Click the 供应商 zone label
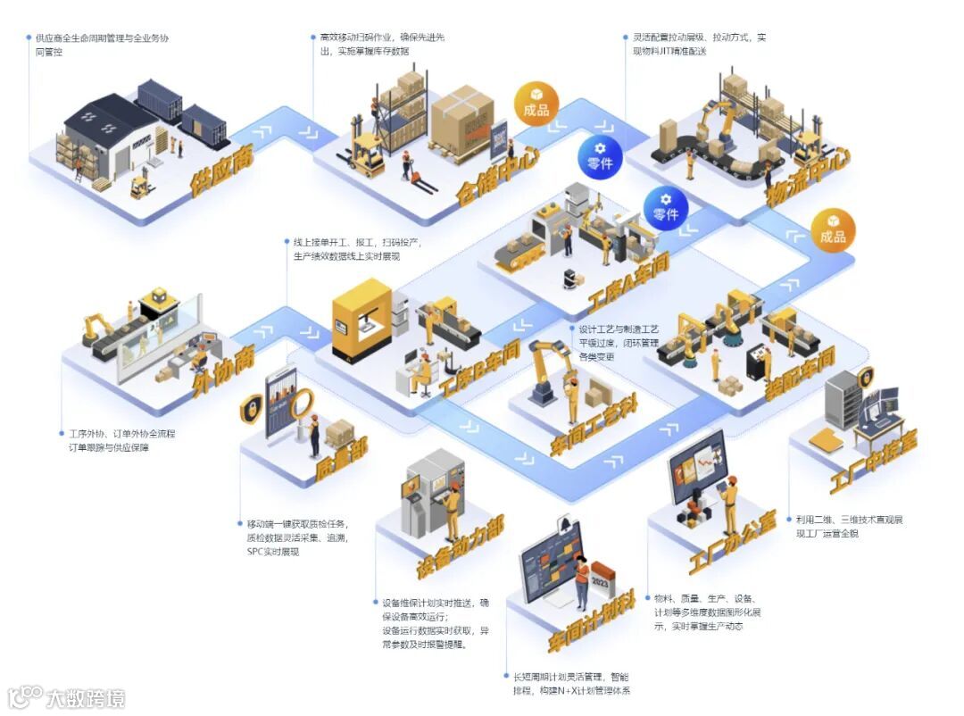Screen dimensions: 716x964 tap(221, 170)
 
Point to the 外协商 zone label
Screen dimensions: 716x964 tap(224, 370)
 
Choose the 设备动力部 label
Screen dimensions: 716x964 tap(460, 545)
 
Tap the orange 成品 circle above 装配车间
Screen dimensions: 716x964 tap(833, 230)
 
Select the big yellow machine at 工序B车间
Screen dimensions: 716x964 tap(362, 318)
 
